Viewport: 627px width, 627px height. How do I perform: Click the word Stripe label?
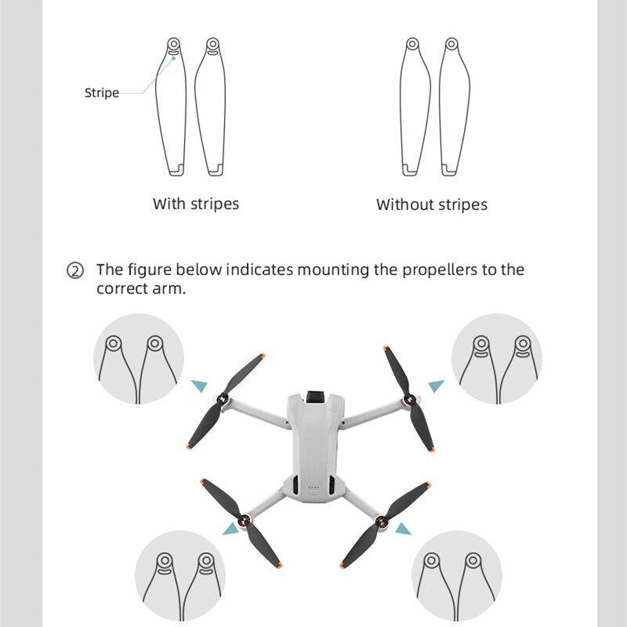coord(102,92)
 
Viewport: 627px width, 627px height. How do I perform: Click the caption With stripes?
coord(196,204)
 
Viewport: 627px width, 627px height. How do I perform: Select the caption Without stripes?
coord(432,205)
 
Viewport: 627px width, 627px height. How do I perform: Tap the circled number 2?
coord(75,271)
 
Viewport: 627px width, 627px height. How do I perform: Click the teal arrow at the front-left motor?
coord(200,385)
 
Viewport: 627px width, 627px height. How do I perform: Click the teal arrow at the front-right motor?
coord(437,386)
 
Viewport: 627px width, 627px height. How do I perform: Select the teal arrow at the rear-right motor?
coord(403,529)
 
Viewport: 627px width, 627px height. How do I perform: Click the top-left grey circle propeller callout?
coord(139,358)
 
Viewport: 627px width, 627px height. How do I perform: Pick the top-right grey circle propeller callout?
coord(497,358)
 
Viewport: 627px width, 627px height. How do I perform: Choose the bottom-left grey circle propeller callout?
coord(179,575)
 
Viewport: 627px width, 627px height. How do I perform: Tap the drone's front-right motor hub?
coord(408,400)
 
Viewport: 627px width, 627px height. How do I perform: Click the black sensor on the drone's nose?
coord(317,393)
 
